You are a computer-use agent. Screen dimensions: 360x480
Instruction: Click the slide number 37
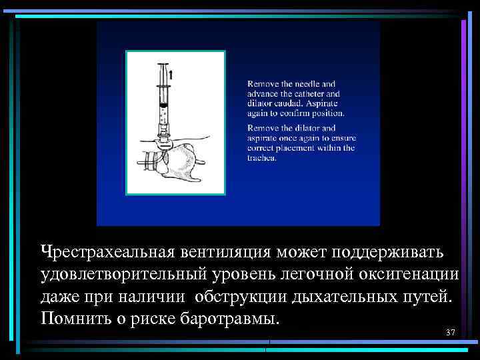point(450,333)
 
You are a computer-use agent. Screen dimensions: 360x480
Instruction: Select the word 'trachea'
point(261,158)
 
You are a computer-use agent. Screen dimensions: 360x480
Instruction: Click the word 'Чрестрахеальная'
point(107,253)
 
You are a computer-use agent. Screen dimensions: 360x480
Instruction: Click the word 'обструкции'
point(249,296)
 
